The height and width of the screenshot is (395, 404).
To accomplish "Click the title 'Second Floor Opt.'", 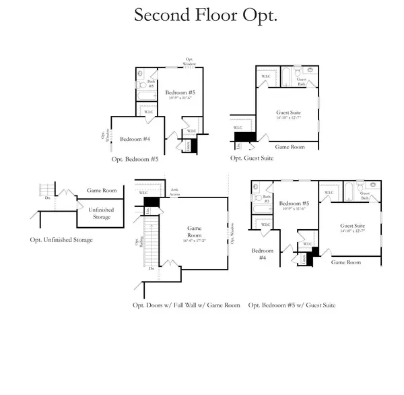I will tap(205, 16).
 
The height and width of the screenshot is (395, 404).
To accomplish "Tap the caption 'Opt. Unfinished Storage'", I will tap(61, 240).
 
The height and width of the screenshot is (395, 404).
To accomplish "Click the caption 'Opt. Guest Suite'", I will tap(252, 158).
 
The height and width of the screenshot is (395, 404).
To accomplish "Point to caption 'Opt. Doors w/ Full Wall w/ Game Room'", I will tap(186, 305).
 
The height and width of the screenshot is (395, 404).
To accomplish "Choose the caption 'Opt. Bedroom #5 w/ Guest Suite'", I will tap(292, 305).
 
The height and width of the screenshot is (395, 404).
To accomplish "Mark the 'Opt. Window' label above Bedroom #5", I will tap(190, 61).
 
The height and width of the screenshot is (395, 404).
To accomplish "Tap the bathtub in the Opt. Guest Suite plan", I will tap(285, 76).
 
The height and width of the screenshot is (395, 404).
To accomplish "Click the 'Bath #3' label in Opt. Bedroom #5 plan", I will tap(151, 84).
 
